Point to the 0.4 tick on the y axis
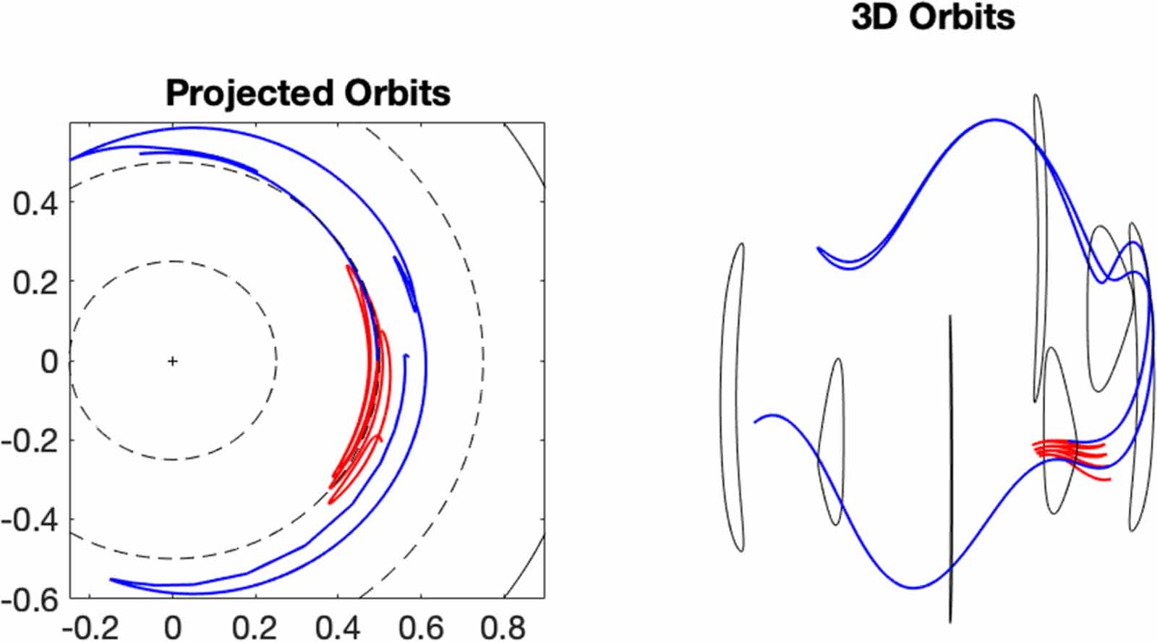35,203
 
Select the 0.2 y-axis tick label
35,282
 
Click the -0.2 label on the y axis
29,440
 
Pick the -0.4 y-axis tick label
29,519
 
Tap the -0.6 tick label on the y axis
29,599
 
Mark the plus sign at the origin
172,361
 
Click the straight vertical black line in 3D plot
950,470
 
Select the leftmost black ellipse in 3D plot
732,398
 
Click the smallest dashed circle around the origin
276,360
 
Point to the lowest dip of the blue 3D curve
914,587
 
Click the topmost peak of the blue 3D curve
996,120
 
